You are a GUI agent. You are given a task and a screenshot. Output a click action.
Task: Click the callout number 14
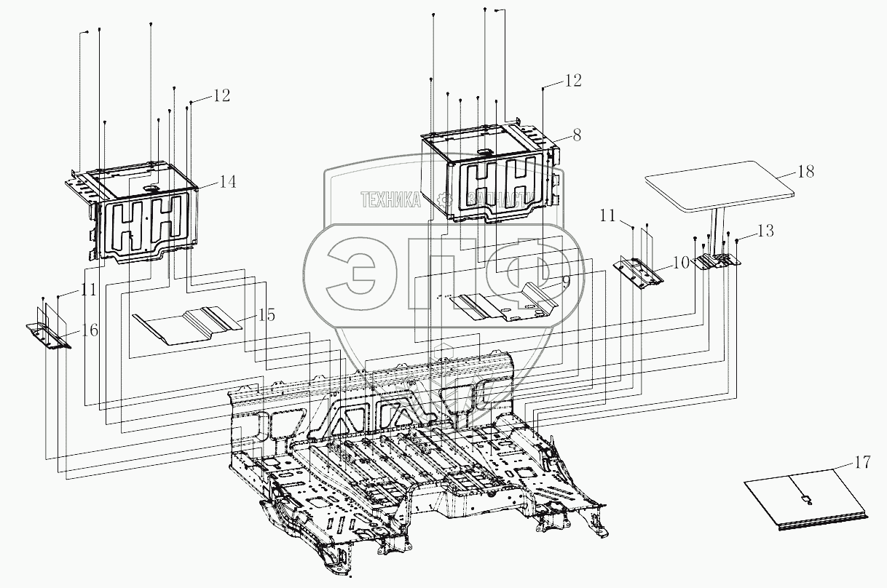(227, 182)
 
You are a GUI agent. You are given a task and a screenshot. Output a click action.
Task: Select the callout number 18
(805, 172)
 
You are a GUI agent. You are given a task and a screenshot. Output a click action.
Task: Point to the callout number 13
(765, 231)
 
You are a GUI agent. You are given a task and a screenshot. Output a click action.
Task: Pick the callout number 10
(680, 263)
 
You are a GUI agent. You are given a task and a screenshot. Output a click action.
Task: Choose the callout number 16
(90, 330)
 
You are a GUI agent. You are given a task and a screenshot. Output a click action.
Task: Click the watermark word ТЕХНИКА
(391, 199)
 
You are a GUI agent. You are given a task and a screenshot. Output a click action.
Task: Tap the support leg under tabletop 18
(717, 229)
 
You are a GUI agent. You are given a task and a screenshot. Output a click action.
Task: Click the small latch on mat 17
(805, 498)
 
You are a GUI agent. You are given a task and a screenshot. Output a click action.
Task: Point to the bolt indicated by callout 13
(737, 240)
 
